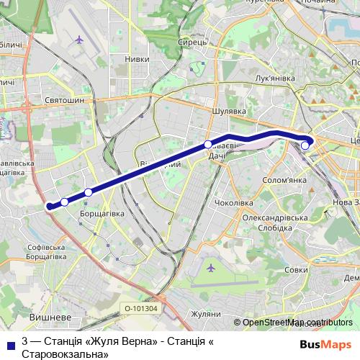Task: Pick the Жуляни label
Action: (x=205, y=314)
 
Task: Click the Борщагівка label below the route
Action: (x=102, y=214)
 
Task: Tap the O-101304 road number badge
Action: (x=140, y=309)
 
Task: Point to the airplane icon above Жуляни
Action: (x=210, y=268)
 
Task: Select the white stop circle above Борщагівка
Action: (x=88, y=192)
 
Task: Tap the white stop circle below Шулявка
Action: (x=208, y=145)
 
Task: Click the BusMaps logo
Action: (x=325, y=344)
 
